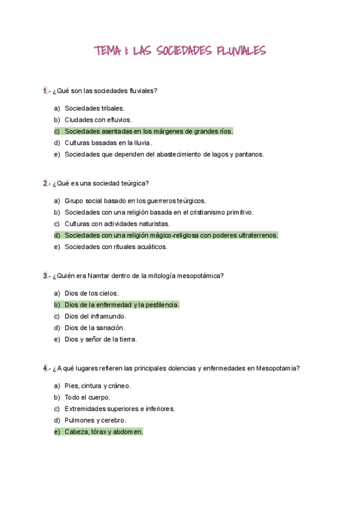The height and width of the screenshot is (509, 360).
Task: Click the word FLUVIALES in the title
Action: pos(236,52)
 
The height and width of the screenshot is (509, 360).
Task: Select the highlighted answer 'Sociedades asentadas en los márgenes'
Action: pos(148,131)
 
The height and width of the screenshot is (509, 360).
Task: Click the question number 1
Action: pos(45,91)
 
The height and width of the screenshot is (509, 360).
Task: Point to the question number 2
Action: pos(45,183)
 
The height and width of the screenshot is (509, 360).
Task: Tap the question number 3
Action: pos(45,276)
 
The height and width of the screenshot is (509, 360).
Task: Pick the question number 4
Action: pos(45,368)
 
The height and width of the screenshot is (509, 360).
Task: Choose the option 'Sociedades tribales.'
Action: pos(94,108)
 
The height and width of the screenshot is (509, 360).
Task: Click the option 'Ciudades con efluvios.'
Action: pos(98,119)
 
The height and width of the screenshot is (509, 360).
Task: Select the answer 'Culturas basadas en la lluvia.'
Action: pos(108,143)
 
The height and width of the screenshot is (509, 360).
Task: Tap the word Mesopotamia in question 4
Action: pos(278,368)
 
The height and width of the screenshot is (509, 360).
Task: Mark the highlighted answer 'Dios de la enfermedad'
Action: pos(121,305)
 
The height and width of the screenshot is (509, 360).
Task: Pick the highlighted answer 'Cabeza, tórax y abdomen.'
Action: pos(103,432)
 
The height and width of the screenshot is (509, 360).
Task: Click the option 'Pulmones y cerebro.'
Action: pos(95,420)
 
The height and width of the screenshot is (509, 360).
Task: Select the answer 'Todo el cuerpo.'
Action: pos(87,397)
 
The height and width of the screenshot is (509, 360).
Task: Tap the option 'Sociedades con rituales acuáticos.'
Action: pos(115,247)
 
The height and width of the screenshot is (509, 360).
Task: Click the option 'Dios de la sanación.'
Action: pos(94,328)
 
